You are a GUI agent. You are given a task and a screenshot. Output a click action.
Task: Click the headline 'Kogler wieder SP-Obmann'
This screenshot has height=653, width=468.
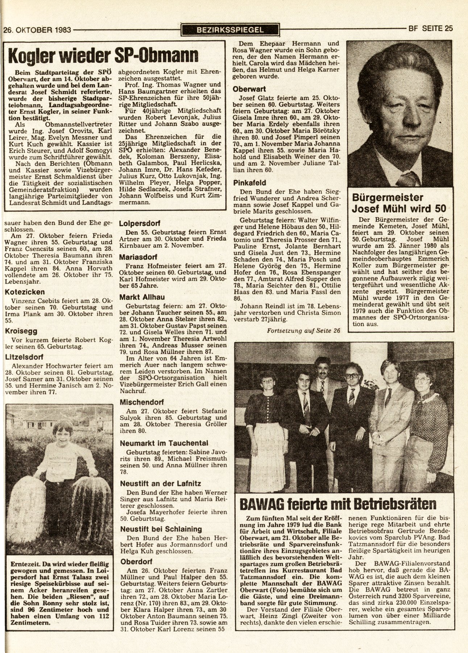click(104, 55)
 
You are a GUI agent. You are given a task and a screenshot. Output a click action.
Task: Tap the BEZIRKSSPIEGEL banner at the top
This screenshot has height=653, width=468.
click(231, 30)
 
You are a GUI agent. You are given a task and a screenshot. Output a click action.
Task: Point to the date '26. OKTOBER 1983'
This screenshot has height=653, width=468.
click(37, 30)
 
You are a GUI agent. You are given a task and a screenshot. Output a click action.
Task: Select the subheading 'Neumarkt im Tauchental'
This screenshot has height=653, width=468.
click(163, 443)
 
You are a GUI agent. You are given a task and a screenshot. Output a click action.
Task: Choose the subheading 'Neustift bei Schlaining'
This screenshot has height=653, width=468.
click(161, 529)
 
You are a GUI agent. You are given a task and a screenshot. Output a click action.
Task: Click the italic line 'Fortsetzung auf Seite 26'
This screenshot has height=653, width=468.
click(303, 330)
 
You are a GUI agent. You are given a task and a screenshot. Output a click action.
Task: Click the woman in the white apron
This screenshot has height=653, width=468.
click(269, 428)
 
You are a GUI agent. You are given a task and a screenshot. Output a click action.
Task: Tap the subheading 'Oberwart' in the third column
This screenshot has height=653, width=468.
click(249, 88)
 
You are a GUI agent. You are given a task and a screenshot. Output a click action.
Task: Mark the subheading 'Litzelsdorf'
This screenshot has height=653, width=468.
click(25, 357)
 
